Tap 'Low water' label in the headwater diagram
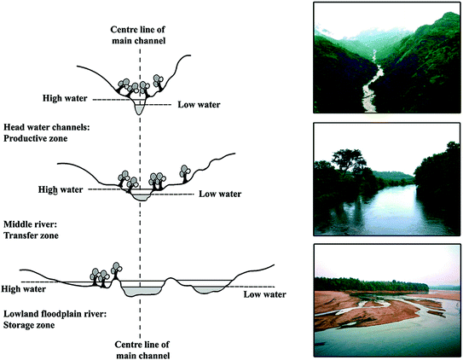coord(198,105)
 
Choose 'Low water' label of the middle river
coord(219,194)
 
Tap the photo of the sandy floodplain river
coord(386,299)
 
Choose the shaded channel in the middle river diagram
coord(141,195)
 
